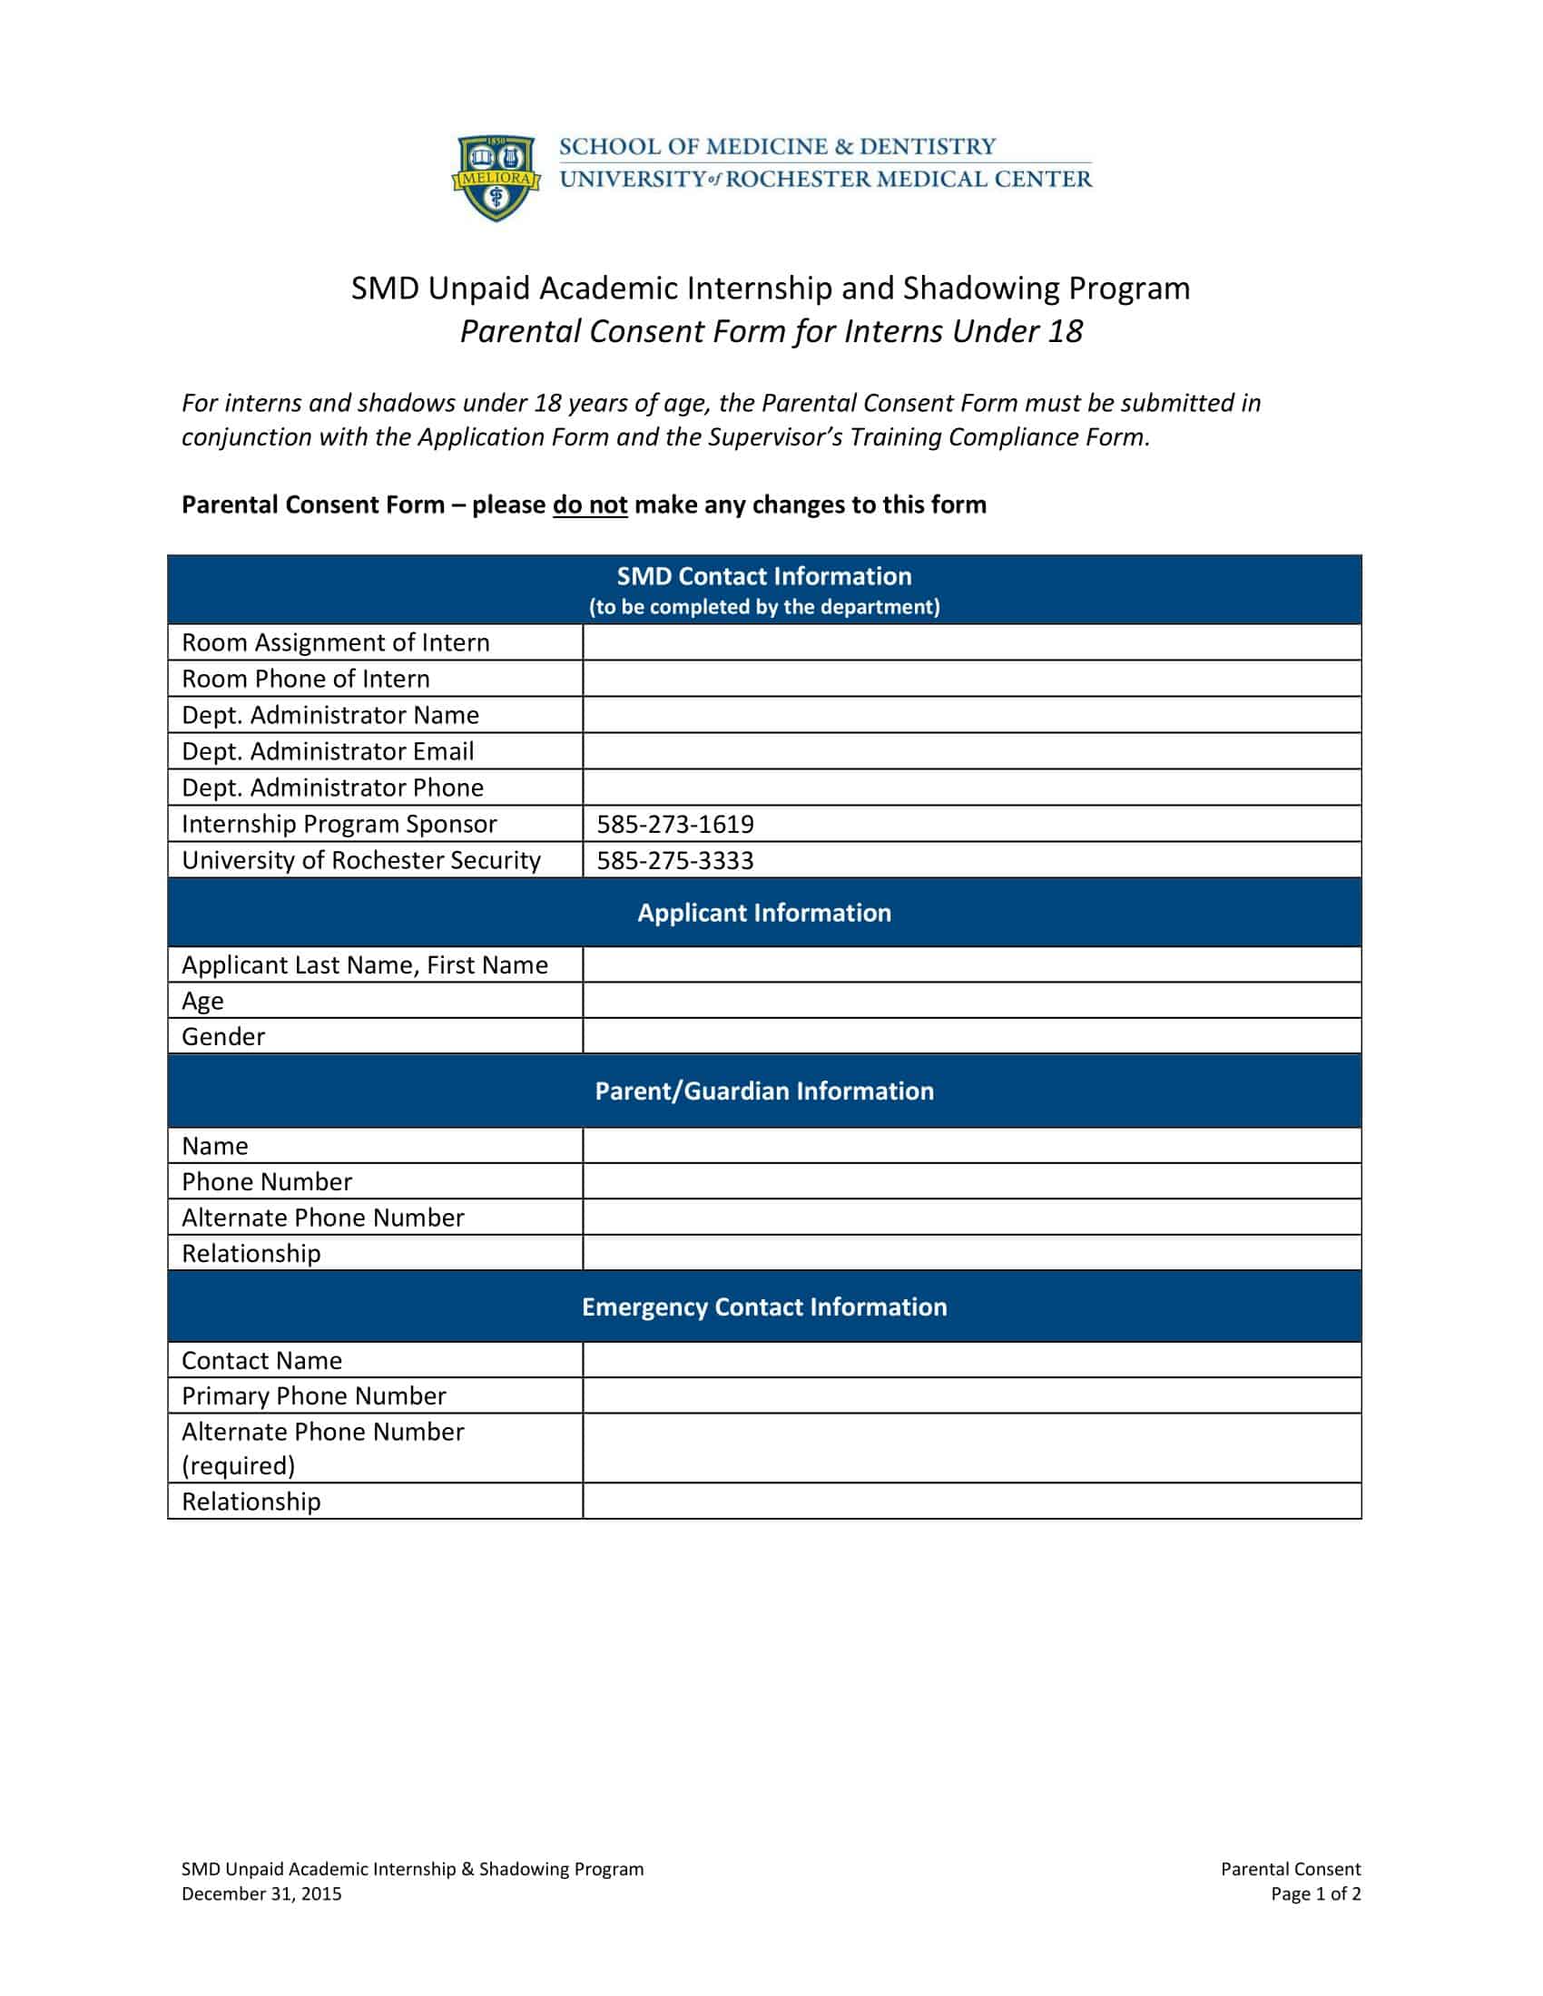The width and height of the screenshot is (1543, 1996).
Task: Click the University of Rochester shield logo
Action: click(x=496, y=177)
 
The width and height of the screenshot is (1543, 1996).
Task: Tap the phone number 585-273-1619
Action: click(x=675, y=825)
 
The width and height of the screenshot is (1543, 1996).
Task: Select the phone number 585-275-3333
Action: click(x=675, y=861)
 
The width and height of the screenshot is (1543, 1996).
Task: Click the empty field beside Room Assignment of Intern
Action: click(x=972, y=642)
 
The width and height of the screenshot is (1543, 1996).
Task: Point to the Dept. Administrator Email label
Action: click(x=328, y=751)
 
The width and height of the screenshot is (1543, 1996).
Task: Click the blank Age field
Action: click(x=972, y=1001)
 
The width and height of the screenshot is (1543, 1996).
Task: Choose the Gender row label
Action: click(x=223, y=1036)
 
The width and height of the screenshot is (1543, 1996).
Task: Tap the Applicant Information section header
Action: click(x=764, y=913)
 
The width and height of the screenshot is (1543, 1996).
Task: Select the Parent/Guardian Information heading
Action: click(x=764, y=1091)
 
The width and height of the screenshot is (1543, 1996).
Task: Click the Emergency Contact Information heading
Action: click(x=764, y=1306)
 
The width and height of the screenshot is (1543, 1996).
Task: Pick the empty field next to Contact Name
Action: click(x=972, y=1360)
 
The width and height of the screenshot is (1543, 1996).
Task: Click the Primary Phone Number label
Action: click(x=313, y=1395)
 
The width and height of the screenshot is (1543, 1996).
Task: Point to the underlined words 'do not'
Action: click(x=590, y=505)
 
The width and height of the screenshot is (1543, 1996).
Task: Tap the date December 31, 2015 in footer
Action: click(x=261, y=1893)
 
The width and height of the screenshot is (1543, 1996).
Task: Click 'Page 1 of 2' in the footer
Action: click(x=1315, y=1893)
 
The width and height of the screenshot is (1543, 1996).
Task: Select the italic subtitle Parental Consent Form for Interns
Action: click(x=771, y=331)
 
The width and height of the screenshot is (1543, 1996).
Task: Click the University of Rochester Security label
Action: click(x=361, y=861)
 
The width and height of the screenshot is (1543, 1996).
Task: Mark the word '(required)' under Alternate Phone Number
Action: click(x=238, y=1466)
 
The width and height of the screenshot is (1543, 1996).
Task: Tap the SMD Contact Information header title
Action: click(x=764, y=577)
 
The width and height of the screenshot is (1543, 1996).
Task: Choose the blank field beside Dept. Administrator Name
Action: click(x=972, y=715)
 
